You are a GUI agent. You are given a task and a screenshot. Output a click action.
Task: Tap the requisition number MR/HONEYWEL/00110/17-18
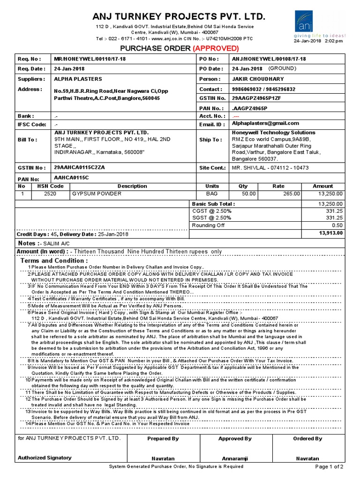tap(90, 59)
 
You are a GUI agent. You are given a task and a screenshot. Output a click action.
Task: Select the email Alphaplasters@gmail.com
tap(265, 123)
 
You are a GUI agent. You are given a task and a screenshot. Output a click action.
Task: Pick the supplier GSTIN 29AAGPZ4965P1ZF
tap(257, 98)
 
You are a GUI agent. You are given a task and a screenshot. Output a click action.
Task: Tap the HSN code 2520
tap(50, 193)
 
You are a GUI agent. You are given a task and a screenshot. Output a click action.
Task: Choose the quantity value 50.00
tap(248, 194)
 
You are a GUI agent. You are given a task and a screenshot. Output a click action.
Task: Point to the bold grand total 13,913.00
tap(330, 232)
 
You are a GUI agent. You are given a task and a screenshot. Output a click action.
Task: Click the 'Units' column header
tap(212, 186)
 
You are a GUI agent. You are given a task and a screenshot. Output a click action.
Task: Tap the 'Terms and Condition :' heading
tap(54, 261)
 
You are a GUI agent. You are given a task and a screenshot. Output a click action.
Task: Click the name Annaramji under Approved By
tap(234, 458)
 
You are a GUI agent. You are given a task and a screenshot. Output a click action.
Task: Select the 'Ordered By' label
tap(307, 439)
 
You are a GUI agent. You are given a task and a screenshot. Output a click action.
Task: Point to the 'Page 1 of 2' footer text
tap(329, 467)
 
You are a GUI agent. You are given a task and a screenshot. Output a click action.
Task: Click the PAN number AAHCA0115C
tap(71, 178)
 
